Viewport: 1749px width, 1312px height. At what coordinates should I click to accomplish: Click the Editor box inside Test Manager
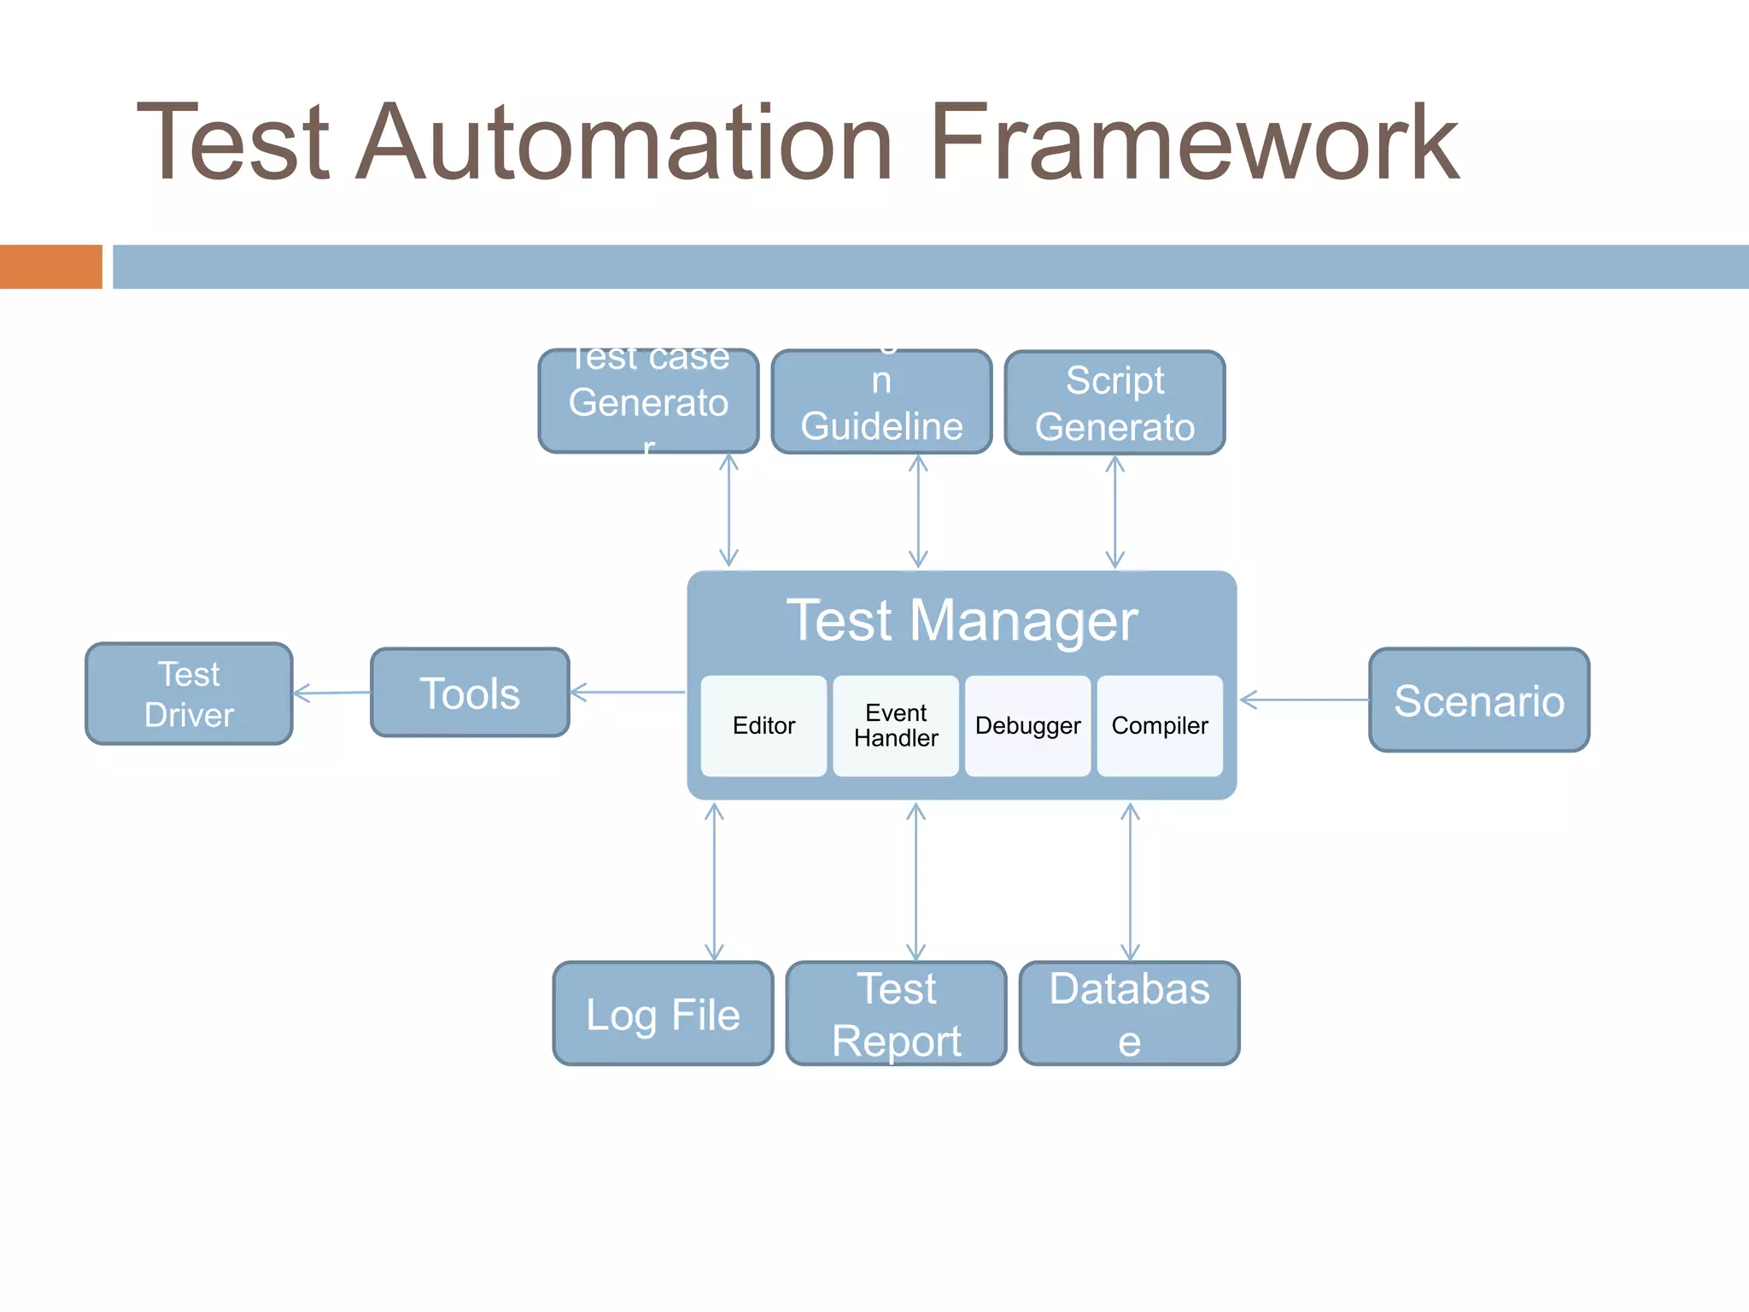point(763,726)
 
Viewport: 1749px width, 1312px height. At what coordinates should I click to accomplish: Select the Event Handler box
point(896,726)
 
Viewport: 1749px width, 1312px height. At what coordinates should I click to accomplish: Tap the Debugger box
point(1027,726)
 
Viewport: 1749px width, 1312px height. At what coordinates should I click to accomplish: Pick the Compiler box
point(1160,726)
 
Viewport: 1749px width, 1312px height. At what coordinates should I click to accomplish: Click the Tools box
point(470,693)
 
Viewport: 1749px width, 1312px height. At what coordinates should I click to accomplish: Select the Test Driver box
point(189,694)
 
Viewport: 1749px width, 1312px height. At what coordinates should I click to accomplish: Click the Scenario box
point(1478,700)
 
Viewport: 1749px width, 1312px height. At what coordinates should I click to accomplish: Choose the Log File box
point(663,1014)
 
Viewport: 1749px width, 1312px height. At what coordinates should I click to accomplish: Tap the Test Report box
point(896,1014)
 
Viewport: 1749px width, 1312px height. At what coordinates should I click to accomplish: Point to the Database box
point(1129,1014)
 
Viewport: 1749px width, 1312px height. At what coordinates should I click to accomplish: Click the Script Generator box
point(1114,402)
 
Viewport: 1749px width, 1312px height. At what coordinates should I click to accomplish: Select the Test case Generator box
point(648,401)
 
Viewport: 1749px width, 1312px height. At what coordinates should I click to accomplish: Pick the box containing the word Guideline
point(881,402)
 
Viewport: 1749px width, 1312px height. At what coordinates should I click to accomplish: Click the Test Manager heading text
point(962,620)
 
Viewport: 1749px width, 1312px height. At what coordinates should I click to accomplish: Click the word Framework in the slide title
point(1194,143)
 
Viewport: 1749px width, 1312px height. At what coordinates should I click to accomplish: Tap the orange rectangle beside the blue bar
point(50,266)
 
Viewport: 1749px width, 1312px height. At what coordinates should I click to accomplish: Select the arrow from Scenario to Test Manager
point(1304,700)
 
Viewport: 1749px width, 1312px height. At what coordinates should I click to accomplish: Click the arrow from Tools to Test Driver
point(332,693)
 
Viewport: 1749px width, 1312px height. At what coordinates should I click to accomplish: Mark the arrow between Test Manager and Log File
point(714,881)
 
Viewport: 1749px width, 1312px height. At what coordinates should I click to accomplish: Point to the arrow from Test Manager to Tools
point(628,692)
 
